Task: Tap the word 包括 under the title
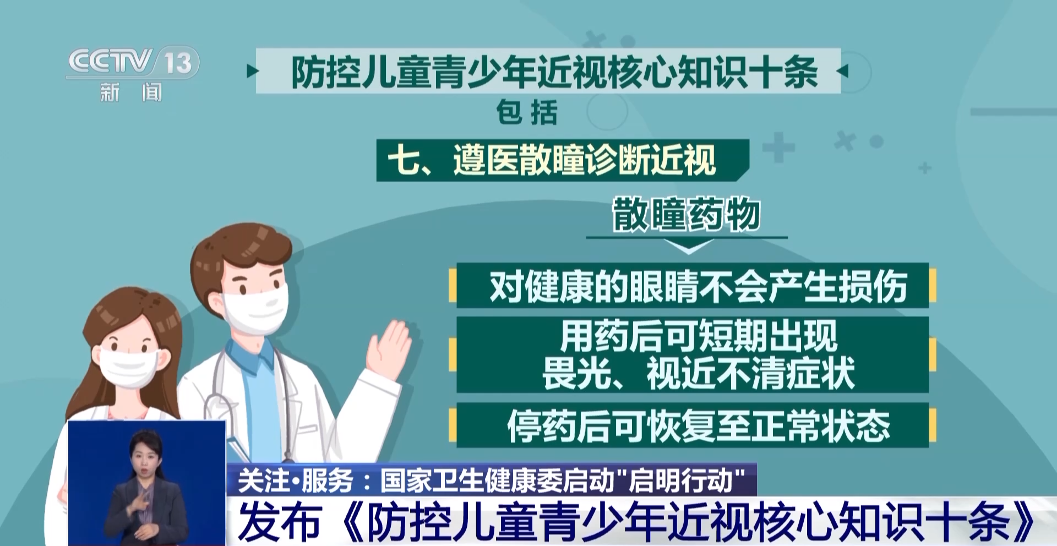point(527,113)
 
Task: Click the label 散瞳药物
point(686,214)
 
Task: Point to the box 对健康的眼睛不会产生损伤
point(693,286)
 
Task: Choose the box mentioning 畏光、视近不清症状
point(693,354)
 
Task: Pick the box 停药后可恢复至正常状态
point(693,425)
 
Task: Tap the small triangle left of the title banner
point(252,71)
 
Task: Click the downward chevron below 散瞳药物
point(688,247)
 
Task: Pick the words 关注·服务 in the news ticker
point(296,481)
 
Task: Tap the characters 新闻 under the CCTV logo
point(131,92)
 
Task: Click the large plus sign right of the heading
point(778,148)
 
